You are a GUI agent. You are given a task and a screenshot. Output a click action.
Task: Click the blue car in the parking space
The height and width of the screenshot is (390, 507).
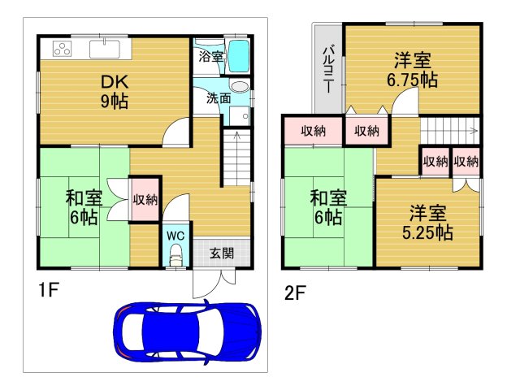tap(188, 331)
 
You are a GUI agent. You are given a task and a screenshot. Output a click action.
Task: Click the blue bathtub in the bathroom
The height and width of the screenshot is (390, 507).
tap(238, 56)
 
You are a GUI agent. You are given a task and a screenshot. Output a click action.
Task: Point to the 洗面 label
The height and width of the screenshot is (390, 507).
tap(219, 99)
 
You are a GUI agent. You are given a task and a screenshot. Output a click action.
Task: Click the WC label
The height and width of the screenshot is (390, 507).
tap(175, 236)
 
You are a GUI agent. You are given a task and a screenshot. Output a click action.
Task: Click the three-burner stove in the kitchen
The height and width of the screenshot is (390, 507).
tap(63, 49)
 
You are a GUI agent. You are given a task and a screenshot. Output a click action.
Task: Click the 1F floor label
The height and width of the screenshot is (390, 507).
tap(45, 289)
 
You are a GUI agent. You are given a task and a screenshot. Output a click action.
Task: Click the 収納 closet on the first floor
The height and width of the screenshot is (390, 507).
tap(145, 199)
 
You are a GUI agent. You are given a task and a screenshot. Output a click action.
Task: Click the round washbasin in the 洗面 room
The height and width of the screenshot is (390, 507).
tap(239, 86)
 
